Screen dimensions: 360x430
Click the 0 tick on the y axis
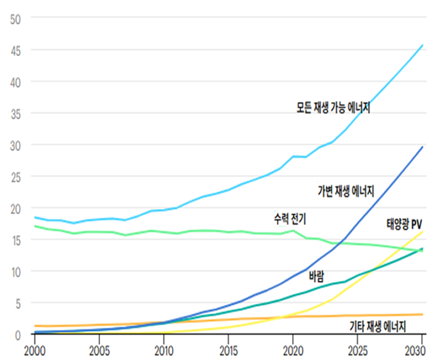[19, 335]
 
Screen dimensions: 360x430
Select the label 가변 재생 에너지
[346, 190]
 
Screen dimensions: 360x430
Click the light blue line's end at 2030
[423, 44]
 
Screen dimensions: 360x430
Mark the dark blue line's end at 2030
[423, 147]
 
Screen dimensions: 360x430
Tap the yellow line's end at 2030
[423, 232]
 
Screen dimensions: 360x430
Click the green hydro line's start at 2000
[35, 226]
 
